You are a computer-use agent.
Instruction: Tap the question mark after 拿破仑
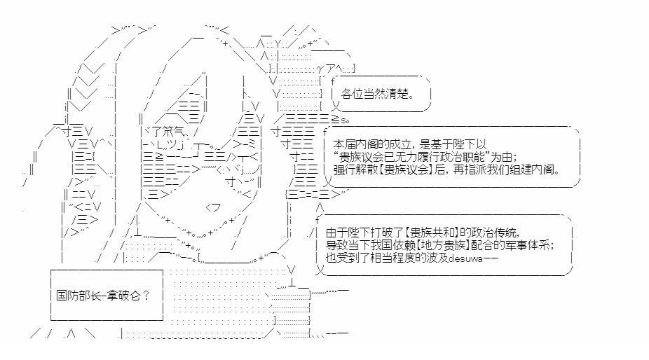click(x=145, y=295)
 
